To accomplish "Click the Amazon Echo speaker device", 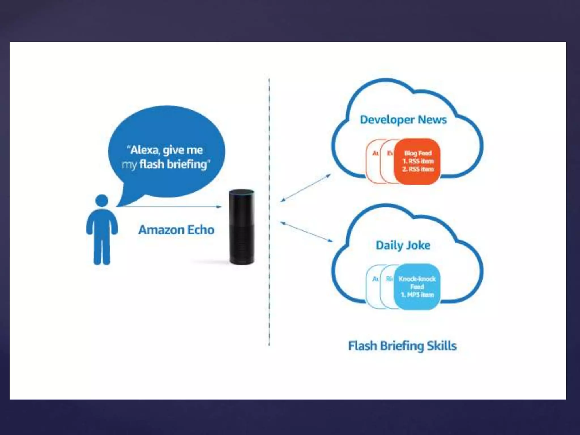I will pyautogui.click(x=242, y=227).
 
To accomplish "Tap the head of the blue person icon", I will pyautogui.click(x=102, y=201).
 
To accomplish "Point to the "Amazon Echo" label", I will pyautogui.click(x=176, y=230).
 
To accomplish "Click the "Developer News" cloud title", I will pyautogui.click(x=403, y=120).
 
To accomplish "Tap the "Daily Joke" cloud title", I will pyautogui.click(x=403, y=245).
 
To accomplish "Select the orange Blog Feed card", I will pyautogui.click(x=417, y=161).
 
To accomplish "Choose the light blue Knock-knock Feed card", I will pyautogui.click(x=417, y=287).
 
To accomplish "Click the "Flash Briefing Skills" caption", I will pyautogui.click(x=402, y=346).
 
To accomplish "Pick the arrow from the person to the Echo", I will pyautogui.click(x=170, y=207).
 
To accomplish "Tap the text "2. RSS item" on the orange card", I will pyautogui.click(x=418, y=169).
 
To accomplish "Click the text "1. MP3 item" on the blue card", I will pyautogui.click(x=417, y=295).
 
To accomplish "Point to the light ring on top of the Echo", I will pyautogui.click(x=242, y=193).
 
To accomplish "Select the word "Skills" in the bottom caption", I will pyautogui.click(x=442, y=346).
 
